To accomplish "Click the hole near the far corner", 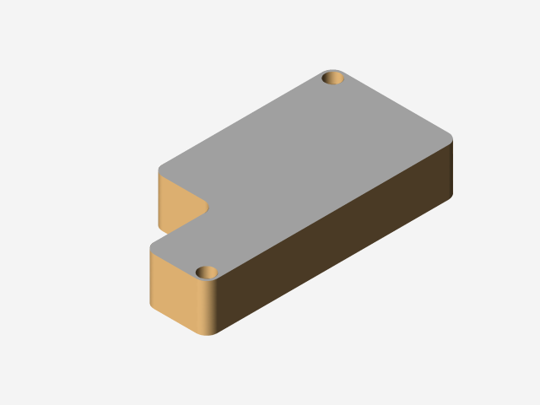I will (x=333, y=78).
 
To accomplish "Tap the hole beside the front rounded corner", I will (x=207, y=272).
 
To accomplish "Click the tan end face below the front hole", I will (x=173, y=291).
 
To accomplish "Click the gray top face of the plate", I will (x=312, y=160).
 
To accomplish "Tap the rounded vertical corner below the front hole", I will (x=207, y=308).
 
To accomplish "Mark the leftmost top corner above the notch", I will (x=159, y=169).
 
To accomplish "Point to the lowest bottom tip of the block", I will (x=205, y=335).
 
